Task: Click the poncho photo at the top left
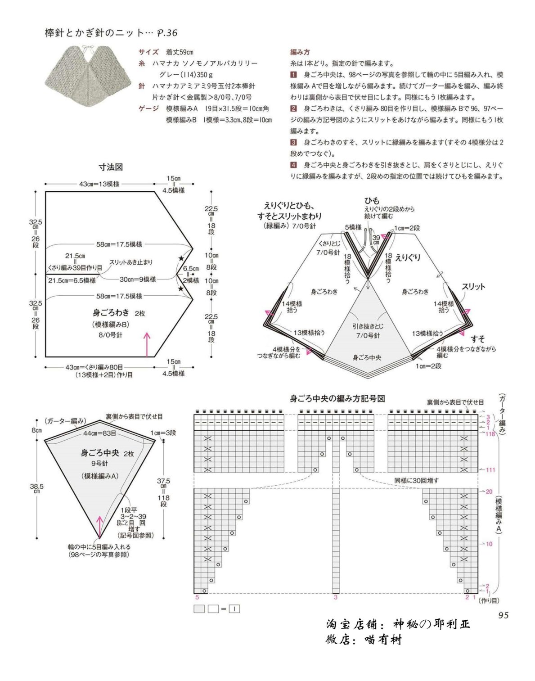[x=87, y=71]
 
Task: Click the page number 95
[x=503, y=615]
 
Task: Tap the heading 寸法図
[x=111, y=167]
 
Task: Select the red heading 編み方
[x=300, y=52]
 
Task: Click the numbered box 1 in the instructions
[x=293, y=75]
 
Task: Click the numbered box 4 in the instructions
[x=293, y=165]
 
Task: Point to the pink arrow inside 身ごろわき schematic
[x=147, y=344]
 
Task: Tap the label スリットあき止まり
[x=131, y=262]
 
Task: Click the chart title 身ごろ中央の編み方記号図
[x=337, y=399]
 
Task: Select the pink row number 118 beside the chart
[x=490, y=434]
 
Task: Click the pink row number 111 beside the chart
[x=490, y=470]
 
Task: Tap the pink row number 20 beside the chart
[x=489, y=492]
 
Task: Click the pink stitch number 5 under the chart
[x=197, y=597]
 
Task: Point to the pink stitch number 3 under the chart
[x=336, y=597]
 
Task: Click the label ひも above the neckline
[x=372, y=201]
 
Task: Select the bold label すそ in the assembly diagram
[x=478, y=339]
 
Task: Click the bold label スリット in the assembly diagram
[x=473, y=286]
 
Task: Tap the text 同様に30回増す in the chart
[x=417, y=480]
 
